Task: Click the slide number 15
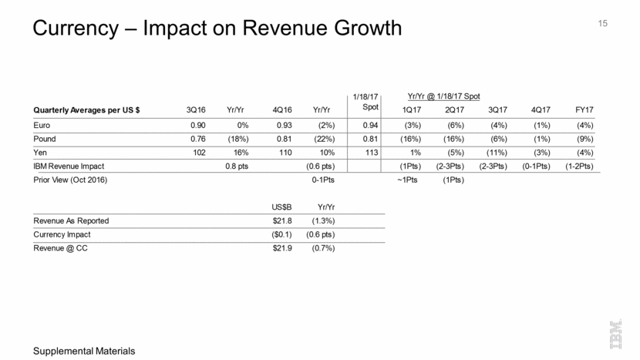tap(603, 24)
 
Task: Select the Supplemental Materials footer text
tap(79, 351)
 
